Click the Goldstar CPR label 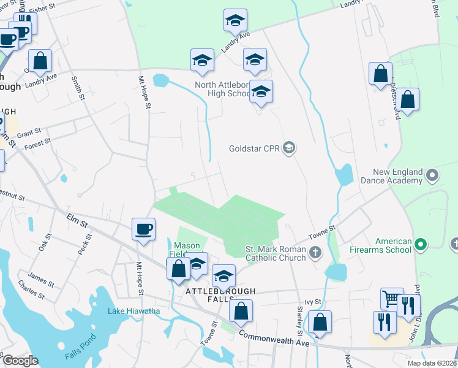pyautogui.click(x=254, y=148)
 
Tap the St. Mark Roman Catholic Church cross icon pyautogui.click(x=315, y=251)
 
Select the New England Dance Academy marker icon pyautogui.click(x=432, y=176)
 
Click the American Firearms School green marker pyautogui.click(x=420, y=245)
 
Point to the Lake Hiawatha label pyautogui.click(x=134, y=311)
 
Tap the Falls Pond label pyautogui.click(x=80, y=347)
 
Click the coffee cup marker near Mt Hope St pyautogui.click(x=143, y=230)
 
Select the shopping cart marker pyautogui.click(x=392, y=299)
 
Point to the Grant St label pyautogui.click(x=29, y=132)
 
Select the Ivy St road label pyautogui.click(x=313, y=302)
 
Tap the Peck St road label pyautogui.click(x=84, y=245)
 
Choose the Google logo pyautogui.click(x=20, y=361)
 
